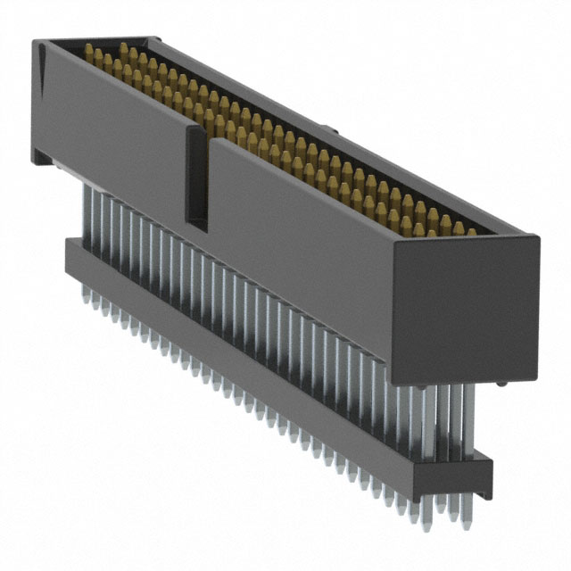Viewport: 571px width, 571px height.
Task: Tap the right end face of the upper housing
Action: click(464, 303)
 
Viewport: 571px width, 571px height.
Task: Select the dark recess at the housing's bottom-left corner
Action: click(43, 157)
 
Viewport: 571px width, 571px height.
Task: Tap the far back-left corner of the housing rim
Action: click(157, 39)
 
